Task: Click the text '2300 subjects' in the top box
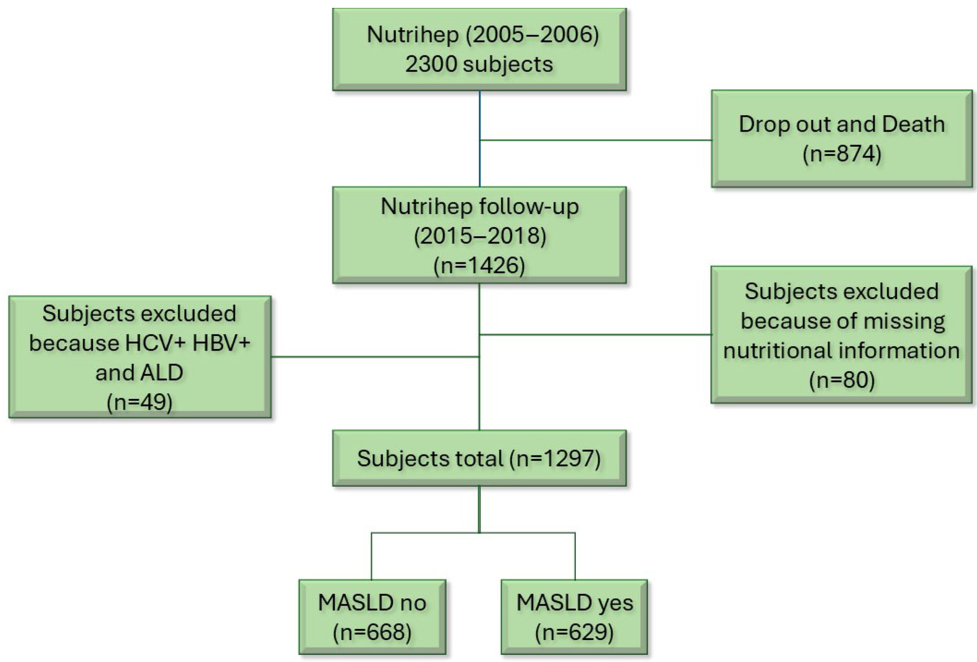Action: tap(479, 64)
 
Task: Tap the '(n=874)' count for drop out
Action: tap(842, 153)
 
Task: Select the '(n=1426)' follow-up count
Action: tap(479, 266)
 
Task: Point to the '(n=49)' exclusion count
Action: tap(140, 402)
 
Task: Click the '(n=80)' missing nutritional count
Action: tap(842, 380)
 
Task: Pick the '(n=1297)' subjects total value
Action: tap(555, 458)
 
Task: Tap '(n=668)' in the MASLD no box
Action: tap(372, 632)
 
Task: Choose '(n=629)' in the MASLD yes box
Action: tap(574, 632)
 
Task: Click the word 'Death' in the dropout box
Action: tap(913, 124)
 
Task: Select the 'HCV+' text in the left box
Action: tap(155, 343)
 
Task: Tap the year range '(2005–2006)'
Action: tap(532, 35)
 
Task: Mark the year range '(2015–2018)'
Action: tap(480, 236)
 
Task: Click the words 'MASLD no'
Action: tap(372, 603)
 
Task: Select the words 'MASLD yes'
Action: tap(574, 603)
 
